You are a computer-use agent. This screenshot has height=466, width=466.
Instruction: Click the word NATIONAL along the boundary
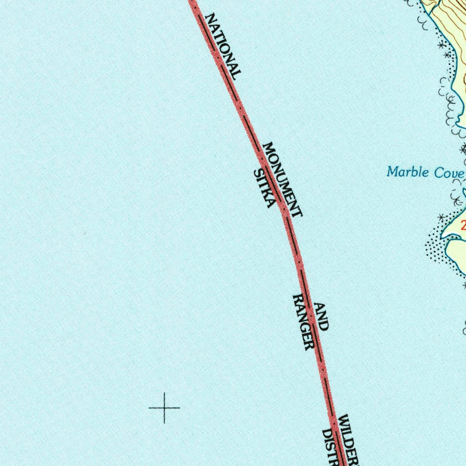coord(223,46)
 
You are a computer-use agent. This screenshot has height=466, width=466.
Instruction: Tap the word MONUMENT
coord(282,179)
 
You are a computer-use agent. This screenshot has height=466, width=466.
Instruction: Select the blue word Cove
coord(448,173)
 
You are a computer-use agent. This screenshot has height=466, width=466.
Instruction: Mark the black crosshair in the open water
coord(164,408)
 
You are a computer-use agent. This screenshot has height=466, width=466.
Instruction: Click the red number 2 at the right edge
coord(463,224)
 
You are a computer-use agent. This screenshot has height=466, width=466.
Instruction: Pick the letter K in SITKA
coord(266,194)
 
